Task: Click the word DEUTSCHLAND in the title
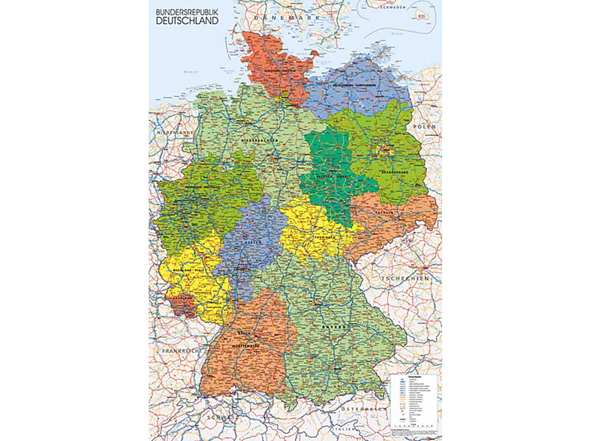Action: point(188,22)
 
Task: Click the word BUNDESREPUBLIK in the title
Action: point(188,12)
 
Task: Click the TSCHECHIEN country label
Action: point(413,278)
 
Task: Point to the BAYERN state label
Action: point(336,328)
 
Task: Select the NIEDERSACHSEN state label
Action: point(260,140)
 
